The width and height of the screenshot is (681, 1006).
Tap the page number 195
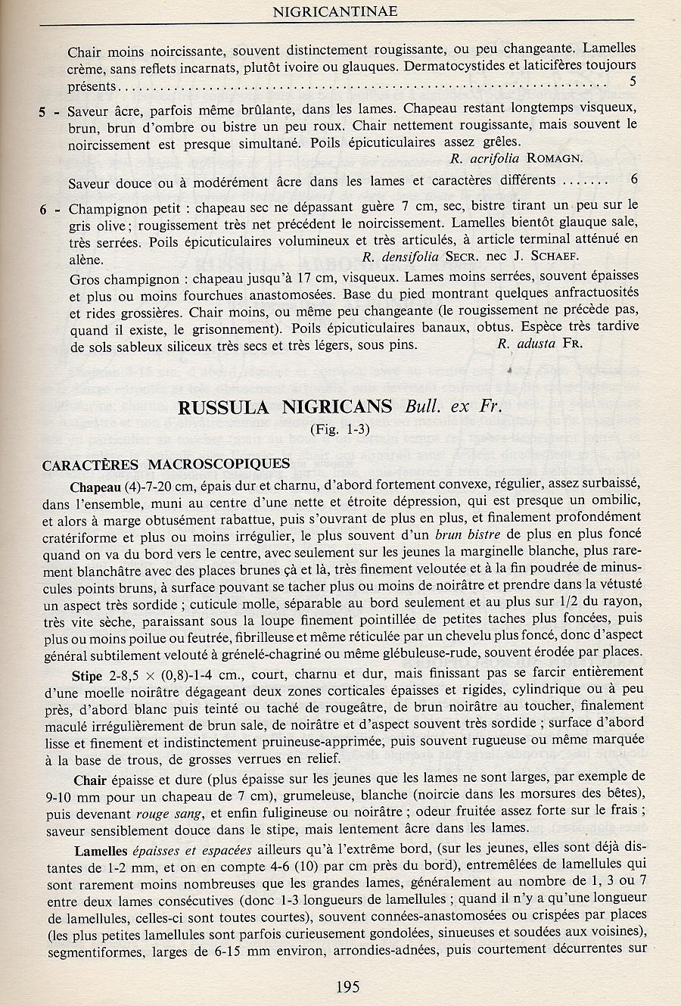pyautogui.click(x=346, y=986)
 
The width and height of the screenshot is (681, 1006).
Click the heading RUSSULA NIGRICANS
pyautogui.click(x=285, y=406)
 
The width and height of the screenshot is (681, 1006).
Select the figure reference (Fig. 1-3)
pyautogui.click(x=340, y=430)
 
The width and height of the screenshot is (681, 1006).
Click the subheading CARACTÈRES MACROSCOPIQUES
pyautogui.click(x=166, y=464)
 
